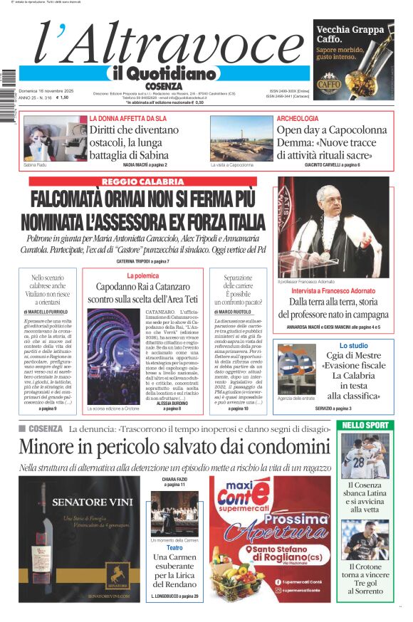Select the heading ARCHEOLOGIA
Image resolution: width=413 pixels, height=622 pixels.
tap(297, 118)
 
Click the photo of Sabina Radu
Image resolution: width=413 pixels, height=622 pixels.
tap(46, 138)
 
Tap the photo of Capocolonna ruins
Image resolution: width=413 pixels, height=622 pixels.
tap(241, 138)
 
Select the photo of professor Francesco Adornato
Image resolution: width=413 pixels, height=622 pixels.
tap(333, 226)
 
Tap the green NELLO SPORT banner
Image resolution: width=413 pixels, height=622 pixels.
tap(365, 425)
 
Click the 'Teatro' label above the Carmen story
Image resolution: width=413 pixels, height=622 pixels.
tap(174, 547)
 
